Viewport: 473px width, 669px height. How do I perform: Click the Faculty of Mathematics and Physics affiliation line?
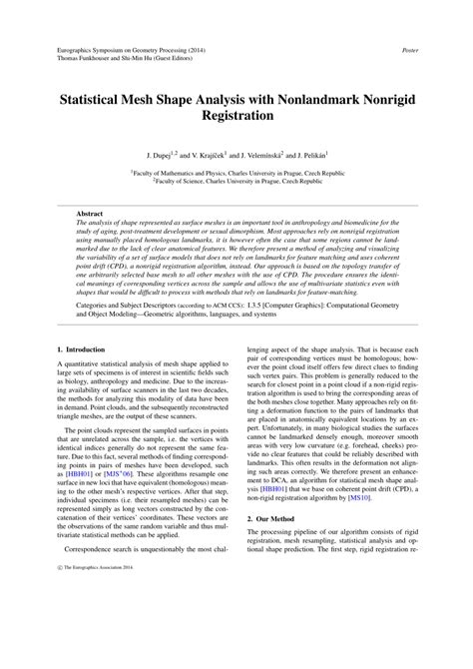[x=236, y=173]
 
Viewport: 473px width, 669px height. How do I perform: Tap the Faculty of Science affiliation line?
[x=236, y=181]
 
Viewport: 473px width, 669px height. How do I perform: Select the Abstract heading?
[x=92, y=214]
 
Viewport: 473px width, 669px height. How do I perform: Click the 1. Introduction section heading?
[x=84, y=349]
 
